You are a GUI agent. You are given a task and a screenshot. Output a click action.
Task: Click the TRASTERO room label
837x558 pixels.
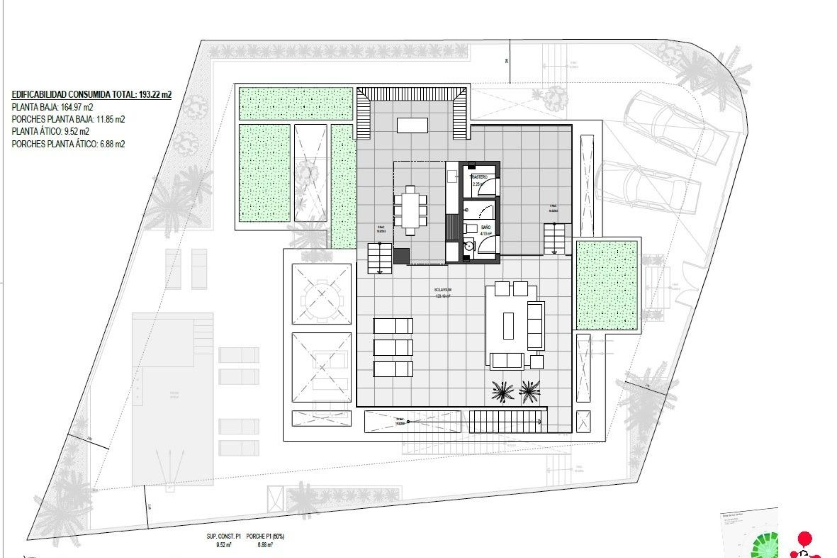[x=478, y=177]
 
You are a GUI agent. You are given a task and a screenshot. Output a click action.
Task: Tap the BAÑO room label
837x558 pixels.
[x=486, y=227]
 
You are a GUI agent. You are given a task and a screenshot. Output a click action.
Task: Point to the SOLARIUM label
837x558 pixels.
[x=442, y=289]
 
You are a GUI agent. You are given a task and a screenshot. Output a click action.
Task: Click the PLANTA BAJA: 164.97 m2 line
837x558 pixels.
[x=52, y=107]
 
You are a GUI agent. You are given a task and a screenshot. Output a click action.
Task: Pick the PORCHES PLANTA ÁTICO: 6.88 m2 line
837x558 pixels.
[x=68, y=144]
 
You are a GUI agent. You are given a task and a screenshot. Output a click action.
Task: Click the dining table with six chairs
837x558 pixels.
[x=410, y=210]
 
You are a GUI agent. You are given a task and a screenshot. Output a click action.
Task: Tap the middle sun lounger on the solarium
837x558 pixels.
[x=393, y=347]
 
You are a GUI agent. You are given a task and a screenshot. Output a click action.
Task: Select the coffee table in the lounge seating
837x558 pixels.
[x=508, y=326]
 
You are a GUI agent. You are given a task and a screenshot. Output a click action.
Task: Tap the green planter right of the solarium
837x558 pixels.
[x=607, y=285]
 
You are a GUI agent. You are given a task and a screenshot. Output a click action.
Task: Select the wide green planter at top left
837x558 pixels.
[x=296, y=104]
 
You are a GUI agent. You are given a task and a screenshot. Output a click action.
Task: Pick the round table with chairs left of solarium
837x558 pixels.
[x=322, y=294]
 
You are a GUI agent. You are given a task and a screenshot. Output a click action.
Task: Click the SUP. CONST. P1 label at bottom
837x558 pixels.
[x=224, y=536]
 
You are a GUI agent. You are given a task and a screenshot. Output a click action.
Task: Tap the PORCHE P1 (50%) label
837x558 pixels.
[x=265, y=536]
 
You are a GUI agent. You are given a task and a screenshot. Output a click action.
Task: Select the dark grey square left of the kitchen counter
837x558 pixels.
[x=401, y=256]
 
